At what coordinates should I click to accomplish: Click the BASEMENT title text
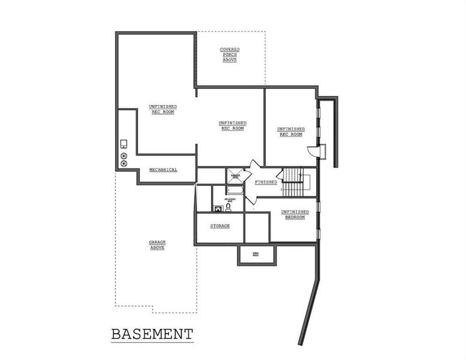[152, 334]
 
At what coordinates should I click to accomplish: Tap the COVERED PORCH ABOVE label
[229, 55]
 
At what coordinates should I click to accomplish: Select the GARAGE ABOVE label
[157, 245]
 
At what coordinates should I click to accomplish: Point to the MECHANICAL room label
[163, 170]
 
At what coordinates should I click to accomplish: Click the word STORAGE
[220, 226]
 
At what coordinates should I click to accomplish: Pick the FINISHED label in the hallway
[266, 182]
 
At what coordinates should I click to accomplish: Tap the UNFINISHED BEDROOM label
[294, 214]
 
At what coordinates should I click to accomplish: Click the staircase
[294, 183]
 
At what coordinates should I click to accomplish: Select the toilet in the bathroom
[228, 207]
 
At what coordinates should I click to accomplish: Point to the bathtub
[234, 191]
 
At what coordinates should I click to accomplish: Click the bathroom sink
[218, 208]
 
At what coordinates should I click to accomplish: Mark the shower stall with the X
[234, 176]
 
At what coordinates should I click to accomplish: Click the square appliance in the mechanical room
[124, 143]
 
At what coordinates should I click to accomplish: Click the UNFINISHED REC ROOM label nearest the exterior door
[290, 131]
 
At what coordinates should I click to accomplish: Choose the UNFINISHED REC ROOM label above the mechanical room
[163, 109]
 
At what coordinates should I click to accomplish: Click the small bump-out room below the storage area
[256, 254]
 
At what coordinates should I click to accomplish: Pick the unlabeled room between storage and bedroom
[257, 227]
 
